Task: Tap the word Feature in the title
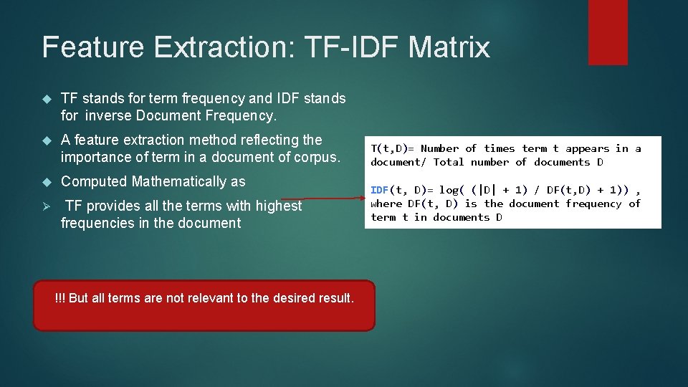tap(93, 47)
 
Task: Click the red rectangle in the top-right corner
tap(608, 32)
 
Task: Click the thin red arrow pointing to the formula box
tap(322, 199)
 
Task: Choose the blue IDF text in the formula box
tap(379, 190)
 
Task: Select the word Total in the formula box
tap(449, 162)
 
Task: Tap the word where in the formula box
tap(386, 204)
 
